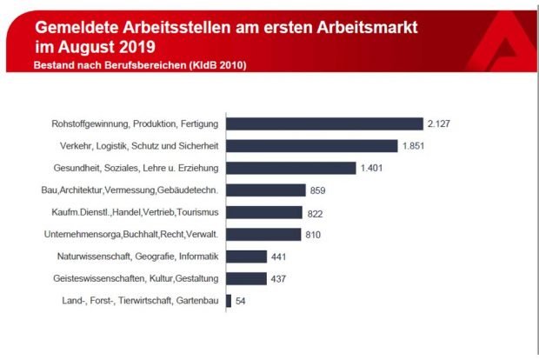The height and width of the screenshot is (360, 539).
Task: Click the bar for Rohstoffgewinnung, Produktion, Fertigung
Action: click(324, 124)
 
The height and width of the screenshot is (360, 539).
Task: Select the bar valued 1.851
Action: click(311, 146)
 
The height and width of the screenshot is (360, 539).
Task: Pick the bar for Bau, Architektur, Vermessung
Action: click(266, 190)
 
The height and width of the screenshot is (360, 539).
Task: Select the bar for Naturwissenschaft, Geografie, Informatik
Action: click(246, 257)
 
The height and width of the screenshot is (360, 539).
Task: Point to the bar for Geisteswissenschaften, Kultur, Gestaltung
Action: click(246, 278)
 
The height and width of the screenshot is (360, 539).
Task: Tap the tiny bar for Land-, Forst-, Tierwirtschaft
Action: click(229, 301)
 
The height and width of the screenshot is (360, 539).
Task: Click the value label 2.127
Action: click(439, 124)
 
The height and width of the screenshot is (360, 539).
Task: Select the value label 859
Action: click(320, 190)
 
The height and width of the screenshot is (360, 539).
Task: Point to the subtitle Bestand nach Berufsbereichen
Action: click(118, 65)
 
